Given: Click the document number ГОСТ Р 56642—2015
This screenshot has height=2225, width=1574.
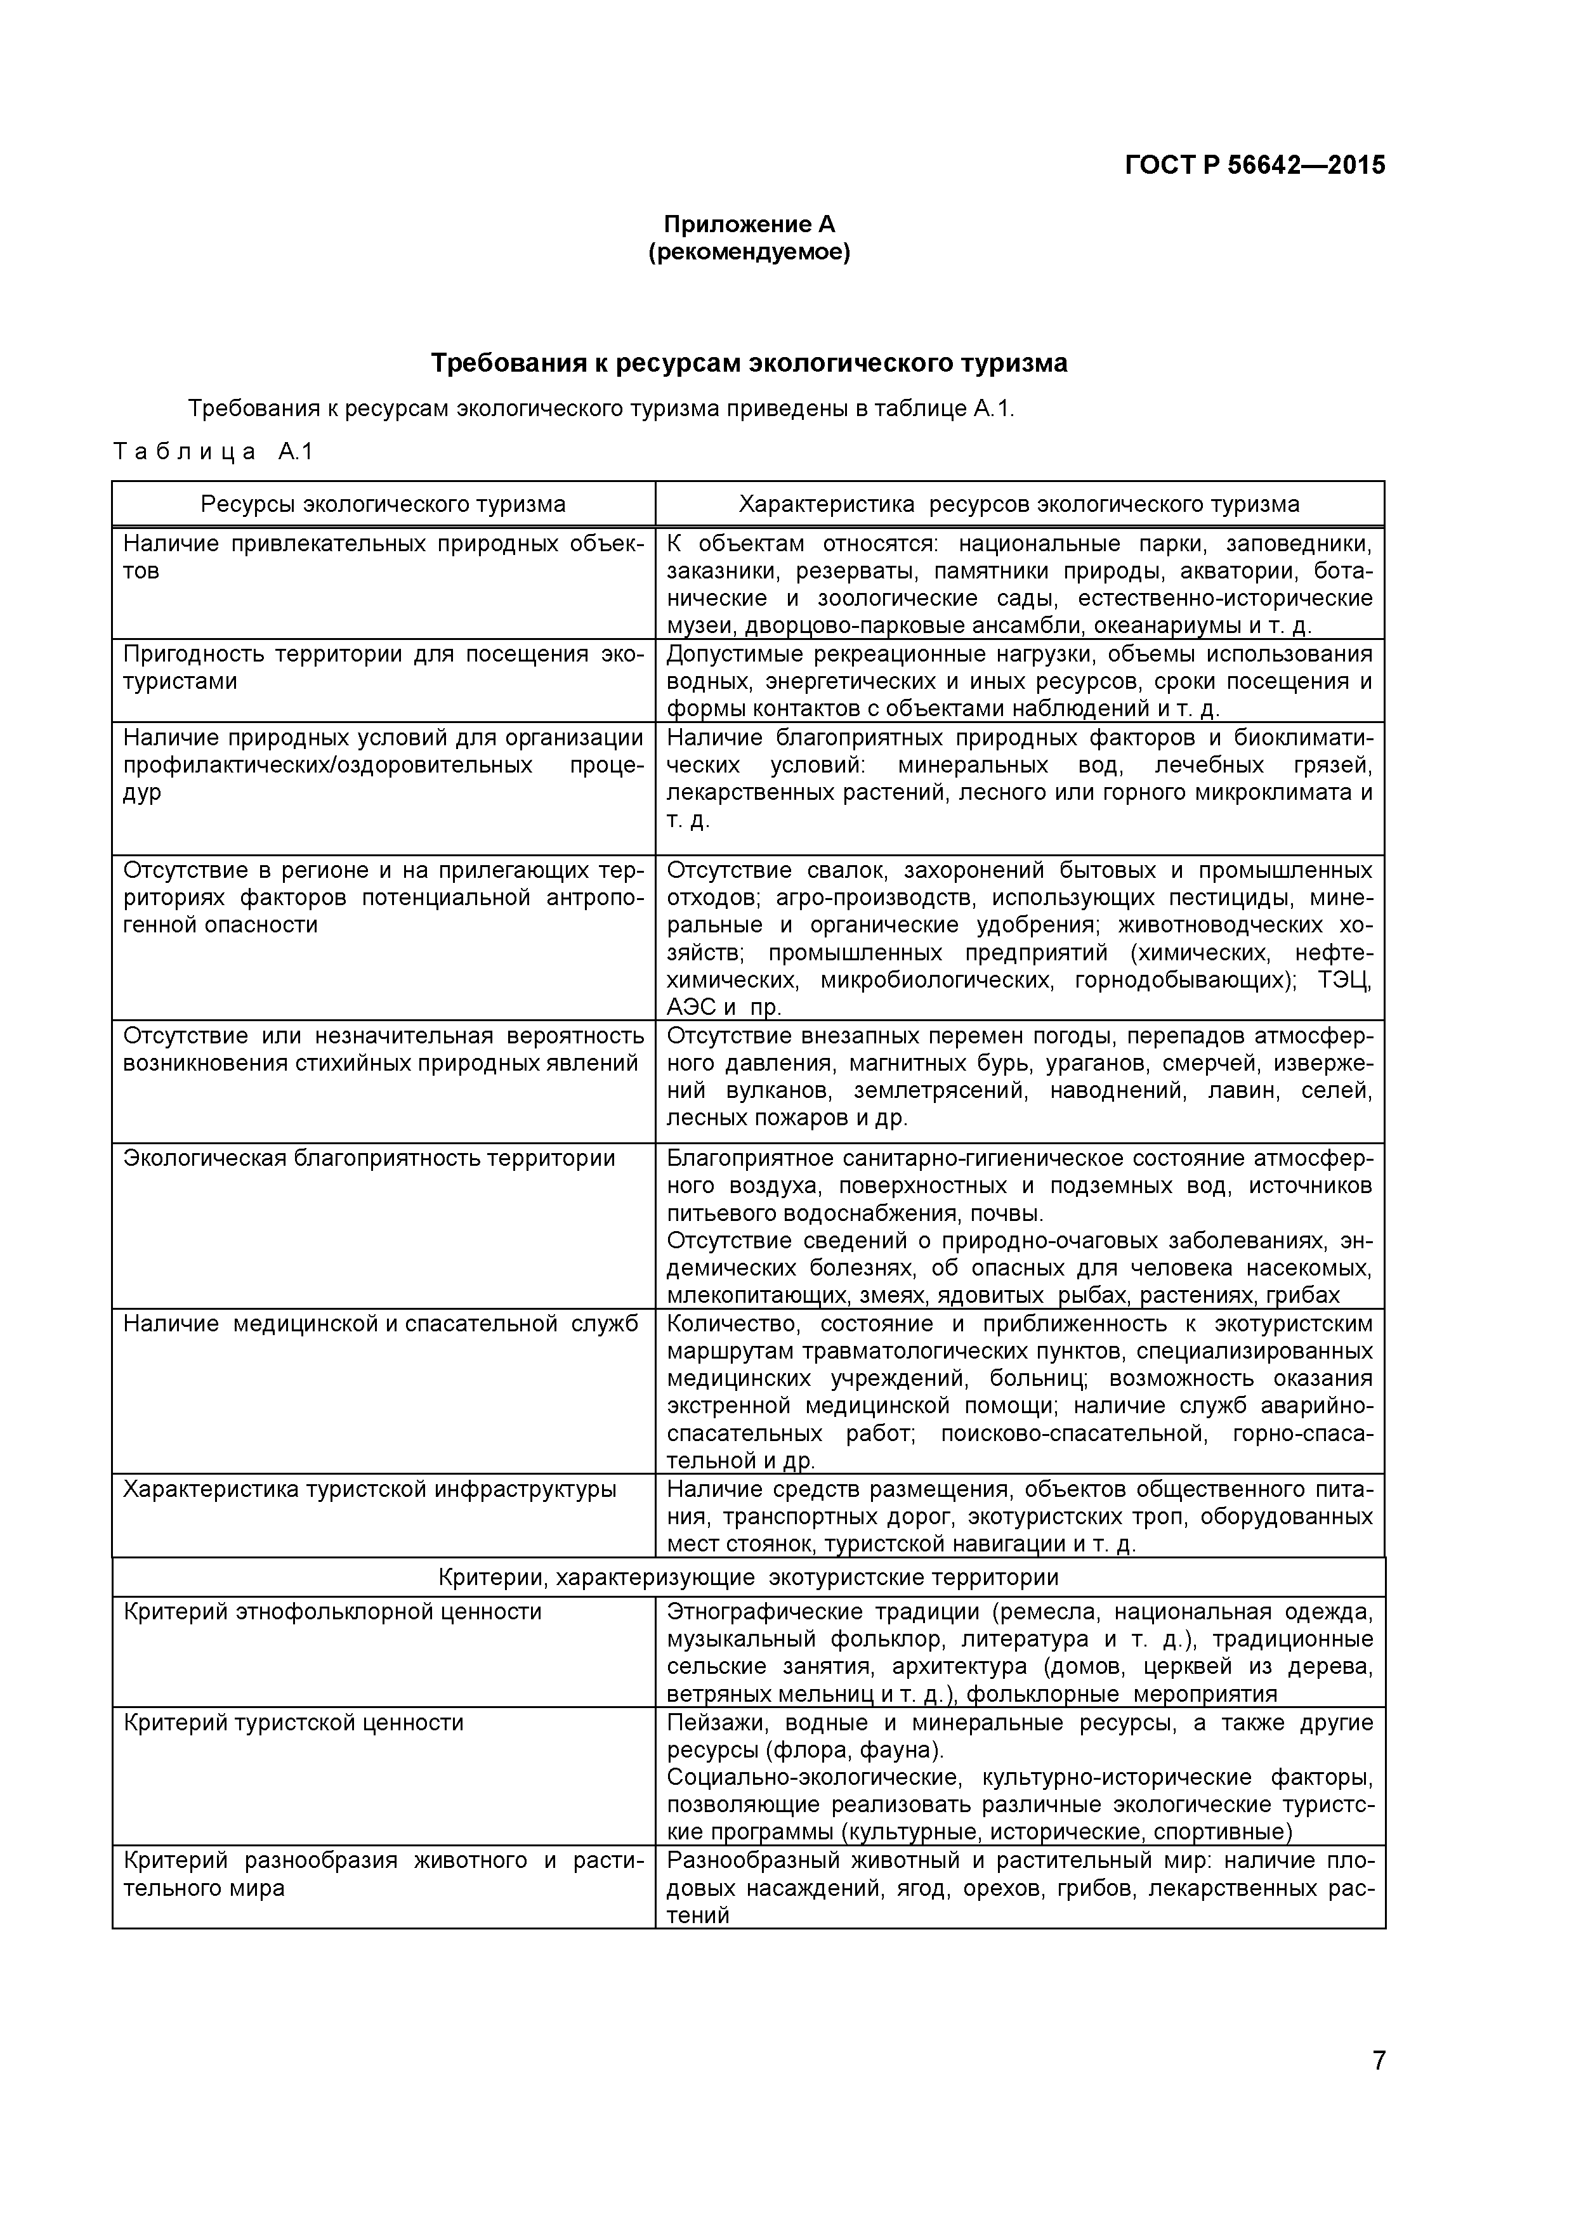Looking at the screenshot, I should tap(1255, 166).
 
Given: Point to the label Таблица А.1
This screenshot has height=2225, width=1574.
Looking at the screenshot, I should tap(213, 452).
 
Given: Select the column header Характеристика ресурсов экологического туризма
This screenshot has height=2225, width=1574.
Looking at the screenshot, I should tap(1019, 504).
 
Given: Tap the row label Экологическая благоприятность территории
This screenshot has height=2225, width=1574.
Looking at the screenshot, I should tap(369, 1159).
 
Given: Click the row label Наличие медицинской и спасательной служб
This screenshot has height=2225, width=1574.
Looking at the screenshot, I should tap(380, 1324).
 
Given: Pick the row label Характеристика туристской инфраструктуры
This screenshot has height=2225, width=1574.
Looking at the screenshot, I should tap(369, 1489).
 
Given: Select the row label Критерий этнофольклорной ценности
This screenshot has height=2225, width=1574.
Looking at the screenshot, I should tap(332, 1612).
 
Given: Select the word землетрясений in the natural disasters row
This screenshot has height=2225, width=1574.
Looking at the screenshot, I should tap(939, 1091).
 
